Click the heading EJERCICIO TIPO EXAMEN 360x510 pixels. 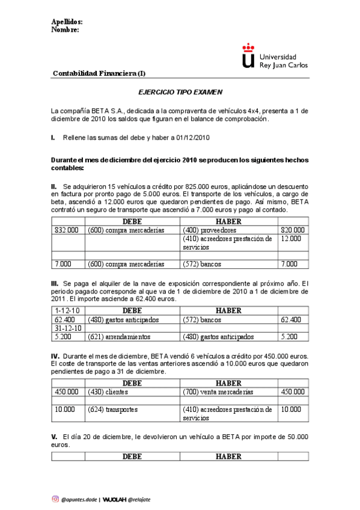tap(180, 93)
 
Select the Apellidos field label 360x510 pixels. tap(63, 22)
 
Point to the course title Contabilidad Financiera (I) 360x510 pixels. tap(99, 74)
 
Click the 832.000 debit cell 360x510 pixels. tap(66, 230)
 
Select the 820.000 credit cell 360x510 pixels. tap(292, 230)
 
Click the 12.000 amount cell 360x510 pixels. tap(292, 239)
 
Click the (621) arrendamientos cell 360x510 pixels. tap(119, 337)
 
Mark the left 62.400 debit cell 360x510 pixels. tap(65, 320)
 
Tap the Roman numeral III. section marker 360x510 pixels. tap(55, 283)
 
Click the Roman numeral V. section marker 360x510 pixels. tap(54, 435)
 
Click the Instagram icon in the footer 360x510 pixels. tap(55, 499)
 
